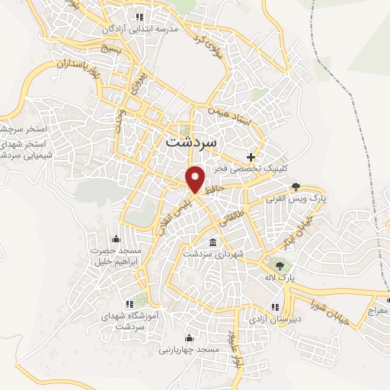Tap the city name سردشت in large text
(x=190, y=142)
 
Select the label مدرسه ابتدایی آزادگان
(x=145, y=28)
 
